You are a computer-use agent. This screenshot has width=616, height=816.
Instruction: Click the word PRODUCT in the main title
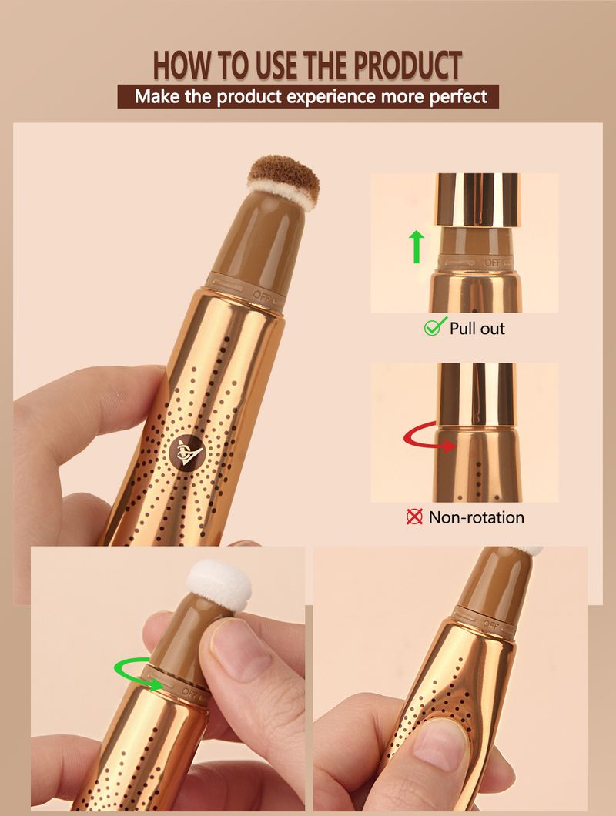407,65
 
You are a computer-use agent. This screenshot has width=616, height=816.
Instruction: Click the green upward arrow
417,247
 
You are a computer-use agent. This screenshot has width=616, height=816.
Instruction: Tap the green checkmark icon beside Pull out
435,327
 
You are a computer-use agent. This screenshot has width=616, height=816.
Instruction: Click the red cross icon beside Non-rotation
414,517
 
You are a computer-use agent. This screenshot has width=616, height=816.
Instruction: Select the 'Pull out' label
477,329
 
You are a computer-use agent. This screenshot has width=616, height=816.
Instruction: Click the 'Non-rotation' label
476,517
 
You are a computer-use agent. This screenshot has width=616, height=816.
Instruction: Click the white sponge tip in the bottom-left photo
219,584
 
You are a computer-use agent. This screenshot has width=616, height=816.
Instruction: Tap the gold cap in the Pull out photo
477,200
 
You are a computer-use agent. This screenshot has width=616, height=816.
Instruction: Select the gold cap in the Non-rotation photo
476,394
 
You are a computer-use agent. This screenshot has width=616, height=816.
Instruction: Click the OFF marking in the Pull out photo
493,262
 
